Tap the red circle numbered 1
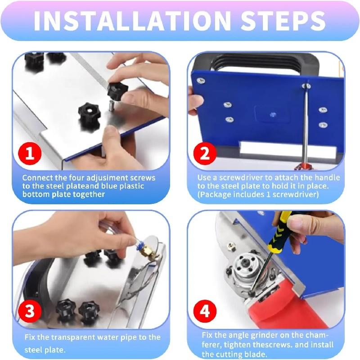click(x=30, y=153)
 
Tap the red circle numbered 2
click(x=205, y=153)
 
